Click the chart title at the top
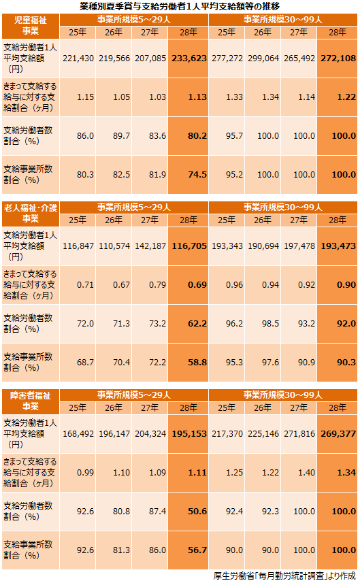(179, 6)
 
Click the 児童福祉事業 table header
(31, 26)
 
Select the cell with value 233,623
(189, 59)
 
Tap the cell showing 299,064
(263, 59)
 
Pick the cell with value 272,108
(338, 59)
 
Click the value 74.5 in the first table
(189, 175)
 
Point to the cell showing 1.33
(227, 97)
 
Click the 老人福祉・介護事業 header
(31, 214)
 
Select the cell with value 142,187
(150, 246)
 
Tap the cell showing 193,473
(338, 246)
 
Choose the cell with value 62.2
(189, 324)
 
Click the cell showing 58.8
(189, 363)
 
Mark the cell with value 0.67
(114, 285)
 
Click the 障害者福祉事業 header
(31, 401)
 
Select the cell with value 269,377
(338, 434)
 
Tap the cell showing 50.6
(189, 512)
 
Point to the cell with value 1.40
(299, 473)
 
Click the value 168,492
(78, 434)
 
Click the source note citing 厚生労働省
(284, 576)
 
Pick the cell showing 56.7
(189, 550)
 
